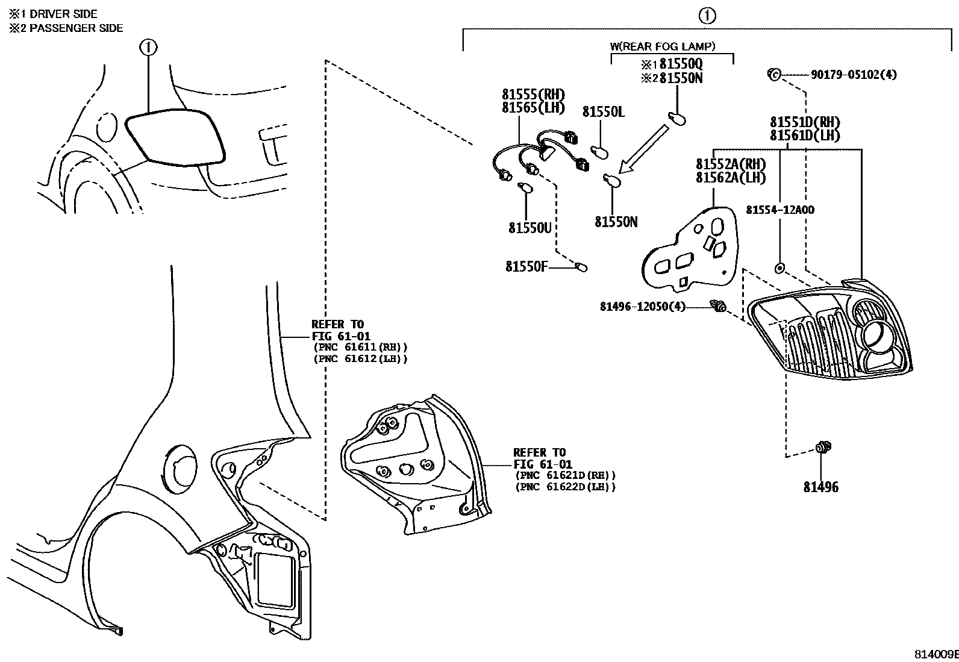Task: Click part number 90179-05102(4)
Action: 853,75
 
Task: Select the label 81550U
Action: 529,228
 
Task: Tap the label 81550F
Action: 526,266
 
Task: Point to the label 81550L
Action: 603,112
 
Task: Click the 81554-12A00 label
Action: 779,210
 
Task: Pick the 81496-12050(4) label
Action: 642,307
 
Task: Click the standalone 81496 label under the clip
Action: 820,487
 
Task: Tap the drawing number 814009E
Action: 936,654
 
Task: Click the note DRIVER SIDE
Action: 63,13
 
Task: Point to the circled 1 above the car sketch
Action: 148,46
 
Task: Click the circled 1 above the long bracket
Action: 707,16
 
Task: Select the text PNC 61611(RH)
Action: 360,348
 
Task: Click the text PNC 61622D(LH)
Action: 566,487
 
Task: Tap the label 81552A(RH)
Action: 731,164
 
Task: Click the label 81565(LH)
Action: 533,108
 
